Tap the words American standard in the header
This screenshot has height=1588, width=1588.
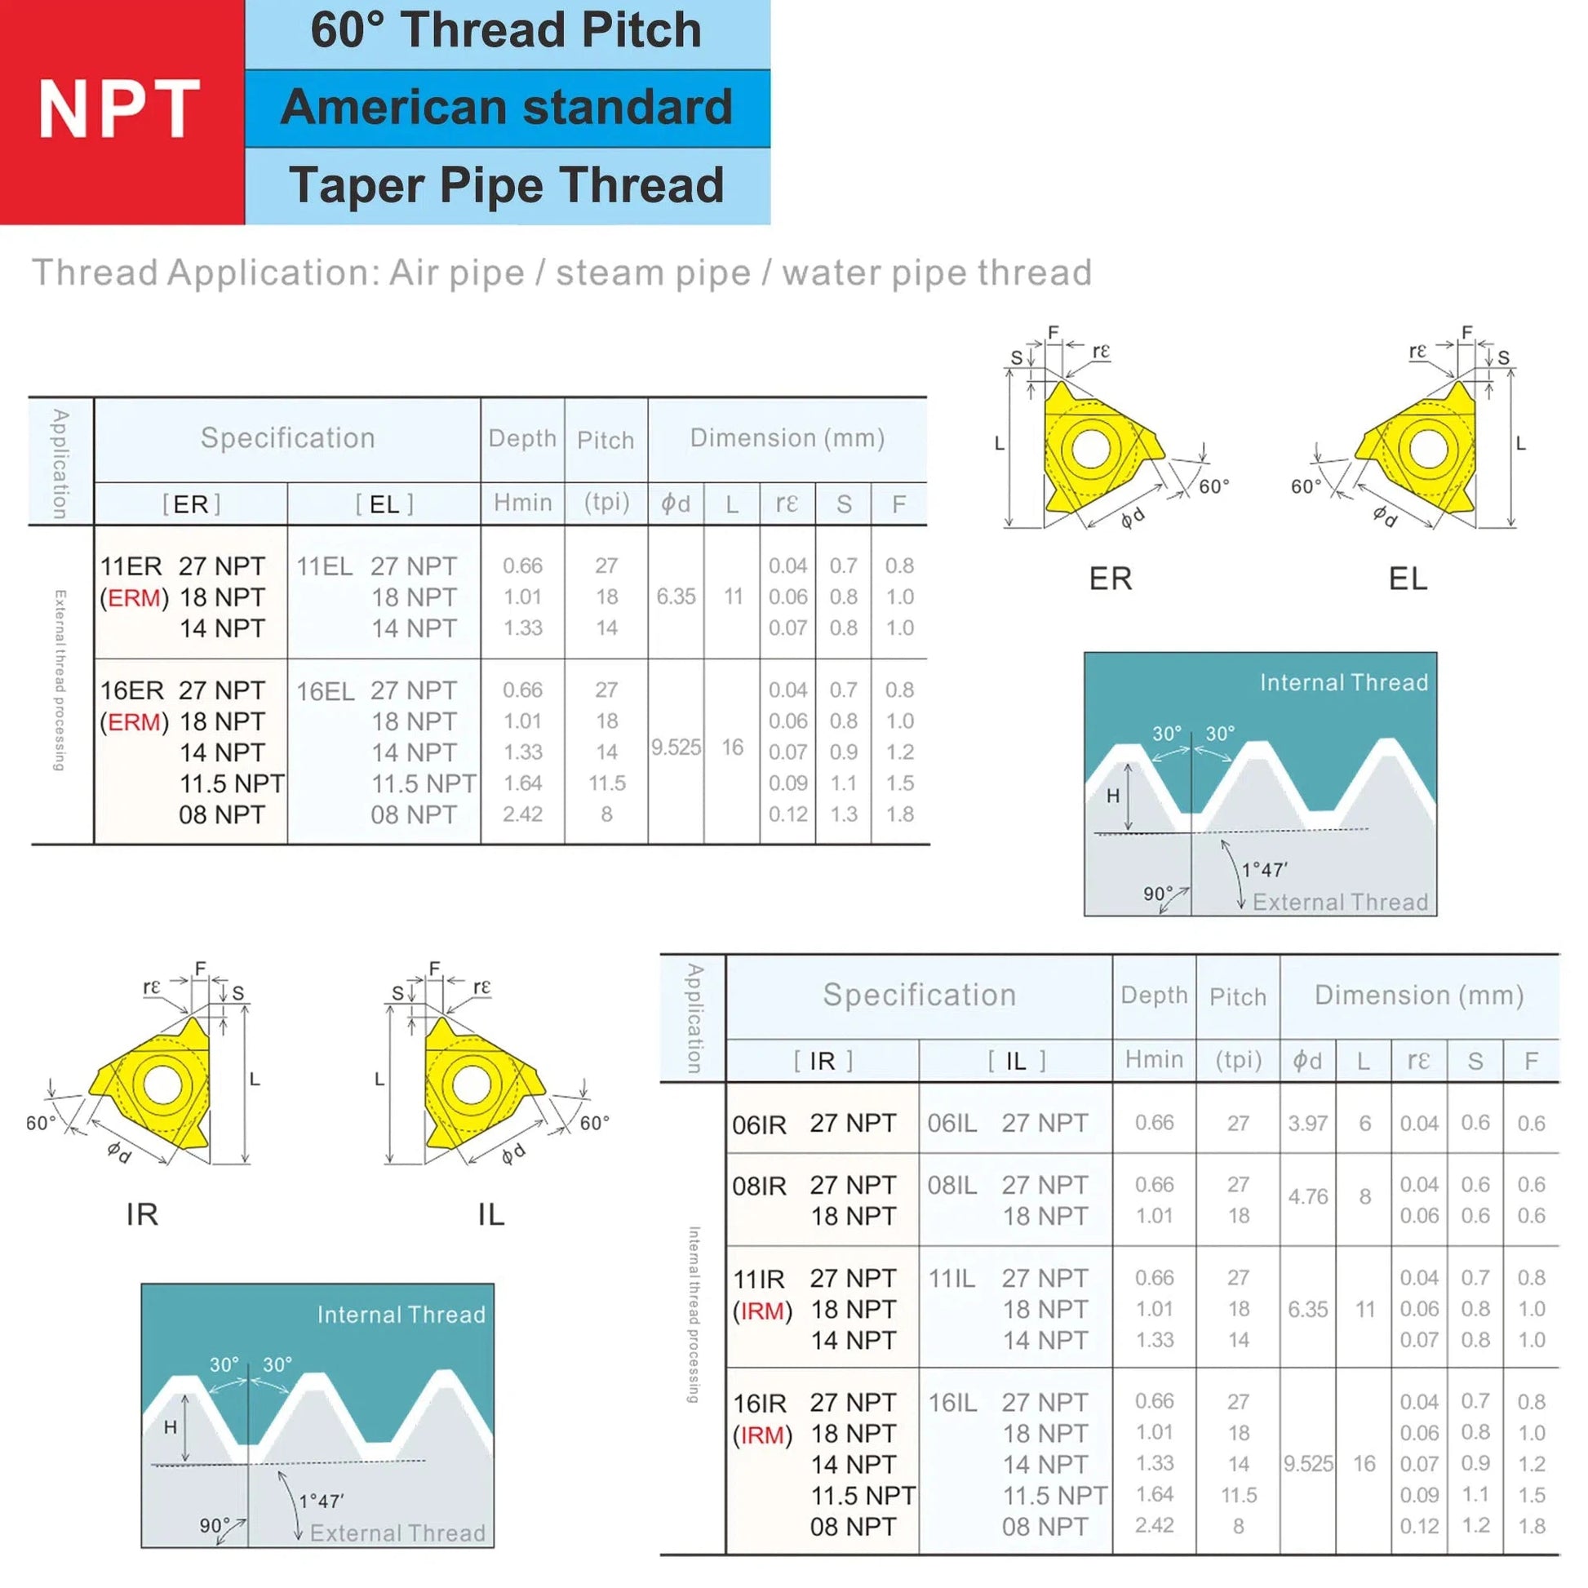tap(506, 108)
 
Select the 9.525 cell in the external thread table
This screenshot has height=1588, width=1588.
tap(676, 747)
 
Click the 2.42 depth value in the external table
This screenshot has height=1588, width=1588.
tap(523, 814)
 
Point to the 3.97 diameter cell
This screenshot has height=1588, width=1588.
tap(1308, 1123)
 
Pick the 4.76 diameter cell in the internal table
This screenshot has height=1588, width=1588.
tap(1308, 1197)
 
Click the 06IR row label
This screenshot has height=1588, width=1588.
tap(760, 1124)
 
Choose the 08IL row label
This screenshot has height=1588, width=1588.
tap(952, 1186)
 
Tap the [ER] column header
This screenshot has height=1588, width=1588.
tap(192, 503)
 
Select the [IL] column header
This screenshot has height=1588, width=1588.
tap(1016, 1061)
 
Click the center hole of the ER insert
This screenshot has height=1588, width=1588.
tap(1090, 449)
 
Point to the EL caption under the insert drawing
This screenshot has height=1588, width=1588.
tap(1408, 579)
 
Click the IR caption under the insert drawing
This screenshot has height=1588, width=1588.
tap(142, 1214)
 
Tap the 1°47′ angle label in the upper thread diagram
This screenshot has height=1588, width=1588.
tap(1264, 870)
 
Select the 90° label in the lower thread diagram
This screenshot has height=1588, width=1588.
tap(215, 1526)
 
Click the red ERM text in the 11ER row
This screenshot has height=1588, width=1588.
tap(133, 597)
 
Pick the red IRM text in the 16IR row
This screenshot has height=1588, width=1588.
tap(762, 1436)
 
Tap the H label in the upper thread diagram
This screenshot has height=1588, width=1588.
tap(1113, 796)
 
